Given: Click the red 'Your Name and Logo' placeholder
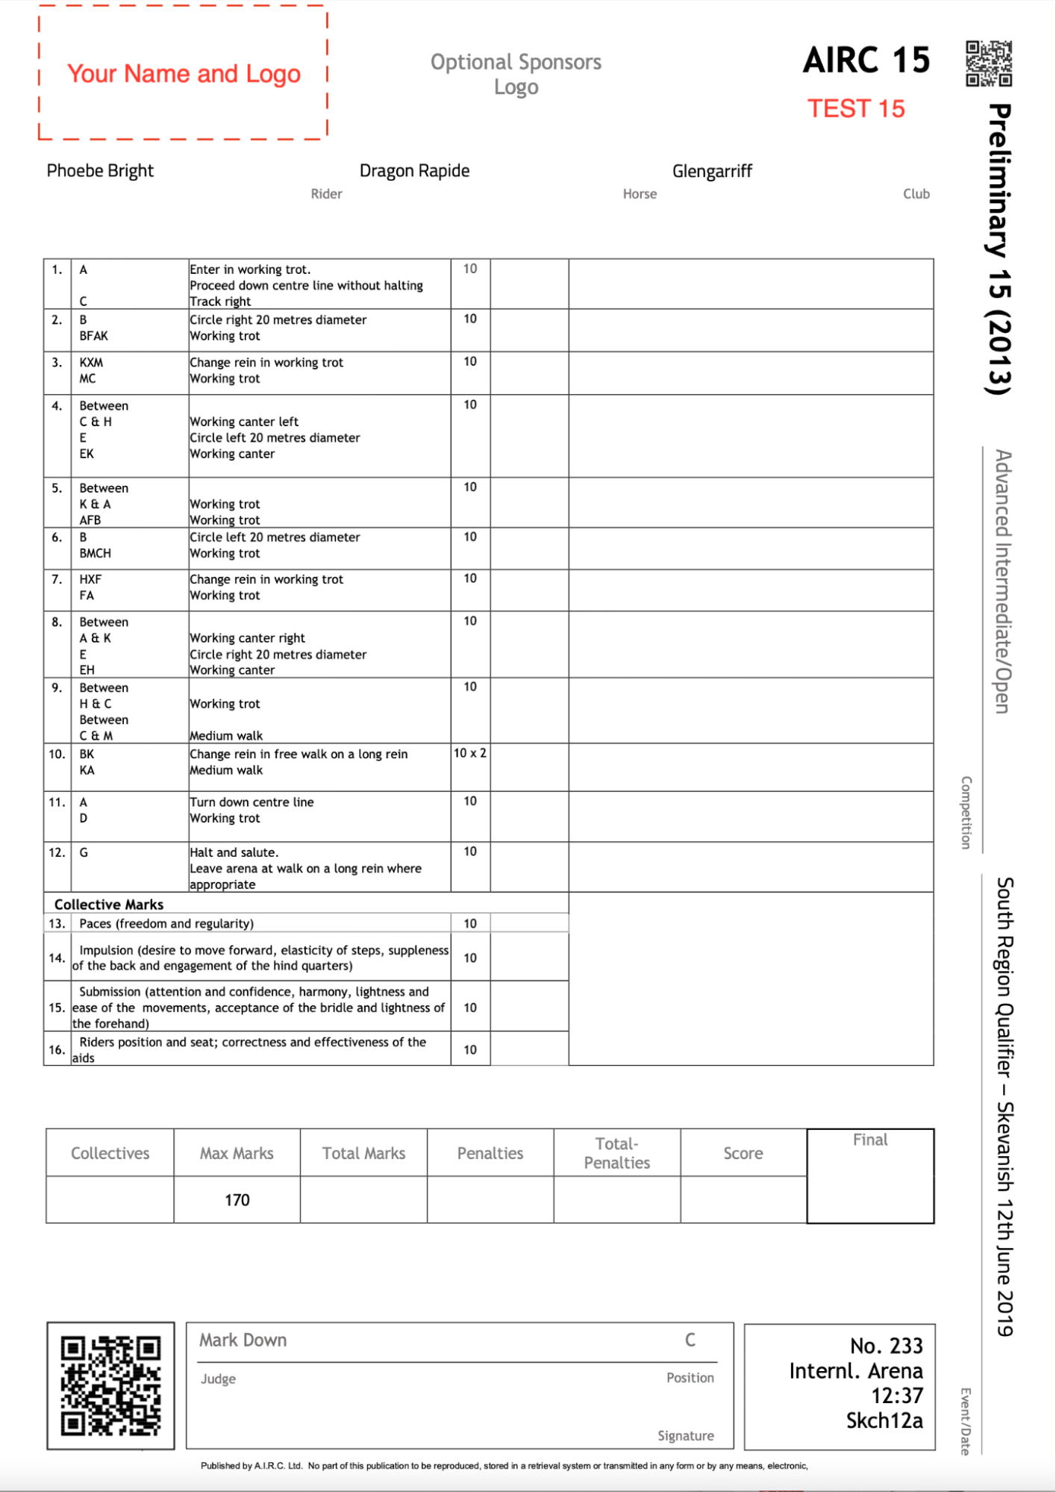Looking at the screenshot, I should click(x=184, y=74).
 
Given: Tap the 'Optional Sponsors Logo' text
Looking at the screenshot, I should click(x=516, y=74).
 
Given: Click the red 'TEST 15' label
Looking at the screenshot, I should click(x=856, y=109).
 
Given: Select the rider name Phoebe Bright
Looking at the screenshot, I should click(x=100, y=171).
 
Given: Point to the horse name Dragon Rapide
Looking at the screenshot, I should click(x=414, y=171).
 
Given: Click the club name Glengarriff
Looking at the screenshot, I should click(x=712, y=172).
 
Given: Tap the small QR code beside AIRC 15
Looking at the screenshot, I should click(x=989, y=63).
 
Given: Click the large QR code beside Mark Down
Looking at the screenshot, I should click(x=110, y=1385).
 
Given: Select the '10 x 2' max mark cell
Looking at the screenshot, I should click(x=470, y=753).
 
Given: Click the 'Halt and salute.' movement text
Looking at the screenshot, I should click(x=234, y=852).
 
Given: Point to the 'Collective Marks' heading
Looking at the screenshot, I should click(x=109, y=905).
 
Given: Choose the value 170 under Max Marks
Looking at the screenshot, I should click(x=237, y=1200).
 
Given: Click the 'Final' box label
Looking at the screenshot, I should click(x=870, y=1140).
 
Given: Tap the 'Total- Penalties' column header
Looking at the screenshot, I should click(x=616, y=1153).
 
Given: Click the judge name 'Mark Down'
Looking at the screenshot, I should click(x=243, y=1340).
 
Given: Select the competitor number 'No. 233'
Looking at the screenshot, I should click(x=886, y=1346).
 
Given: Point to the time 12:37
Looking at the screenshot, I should click(x=897, y=1396).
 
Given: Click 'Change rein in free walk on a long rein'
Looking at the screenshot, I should click(x=299, y=754).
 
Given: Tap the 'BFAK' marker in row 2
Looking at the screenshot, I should click(x=94, y=336).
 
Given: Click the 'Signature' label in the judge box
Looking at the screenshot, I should click(x=685, y=1436).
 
